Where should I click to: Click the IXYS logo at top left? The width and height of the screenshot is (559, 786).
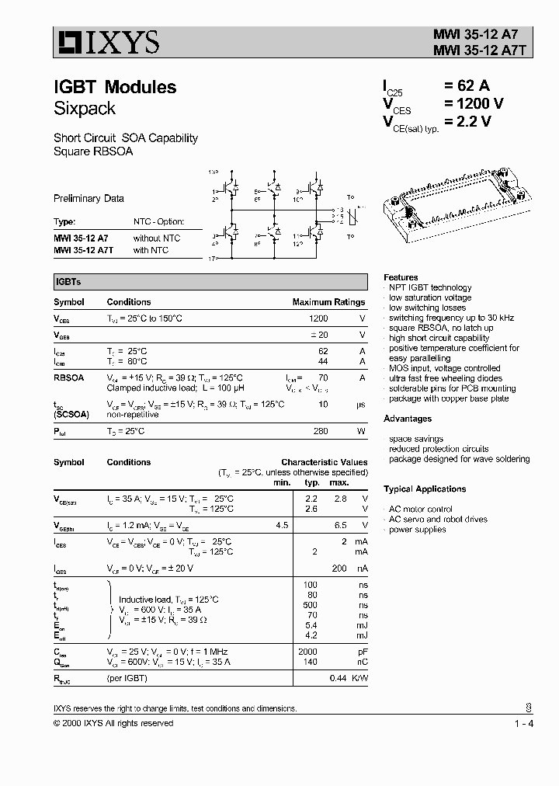coord(106,41)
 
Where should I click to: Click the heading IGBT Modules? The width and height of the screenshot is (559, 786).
coord(115,87)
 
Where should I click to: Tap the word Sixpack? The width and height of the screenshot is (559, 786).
coord(85,108)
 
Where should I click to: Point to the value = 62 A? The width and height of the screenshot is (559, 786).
coord(466,86)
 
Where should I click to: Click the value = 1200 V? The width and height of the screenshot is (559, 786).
coord(474,104)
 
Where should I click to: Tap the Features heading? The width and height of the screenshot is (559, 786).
coord(401,277)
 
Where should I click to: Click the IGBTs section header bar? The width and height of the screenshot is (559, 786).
coord(210,282)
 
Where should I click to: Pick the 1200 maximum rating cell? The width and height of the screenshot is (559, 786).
coord(318,318)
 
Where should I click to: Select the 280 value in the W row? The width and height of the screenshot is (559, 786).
coord(320,430)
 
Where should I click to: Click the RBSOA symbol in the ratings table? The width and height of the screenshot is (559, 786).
coord(68,377)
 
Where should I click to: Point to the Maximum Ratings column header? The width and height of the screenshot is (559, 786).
coord(328,302)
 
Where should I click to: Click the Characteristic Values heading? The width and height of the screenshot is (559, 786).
coord(325,462)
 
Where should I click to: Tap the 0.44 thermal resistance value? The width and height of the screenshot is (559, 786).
coord(339,678)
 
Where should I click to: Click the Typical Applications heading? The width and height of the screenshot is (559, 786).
coord(425,489)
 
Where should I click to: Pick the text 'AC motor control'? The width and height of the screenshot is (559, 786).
coord(420,510)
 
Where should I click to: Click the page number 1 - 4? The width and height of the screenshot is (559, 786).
coord(523,724)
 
